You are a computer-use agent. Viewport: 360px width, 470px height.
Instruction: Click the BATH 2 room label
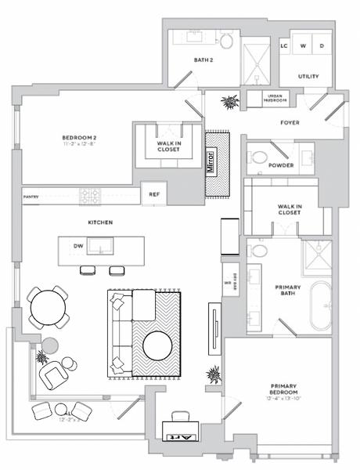[x=203, y=60]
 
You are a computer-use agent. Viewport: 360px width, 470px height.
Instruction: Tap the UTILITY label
[x=310, y=76]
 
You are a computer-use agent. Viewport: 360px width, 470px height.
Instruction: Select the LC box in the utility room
[x=285, y=45]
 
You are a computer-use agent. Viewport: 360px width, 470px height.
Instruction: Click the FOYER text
[x=290, y=122]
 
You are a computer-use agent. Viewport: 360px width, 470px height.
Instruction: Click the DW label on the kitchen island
[x=78, y=246]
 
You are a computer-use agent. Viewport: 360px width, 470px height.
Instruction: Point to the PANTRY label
[x=31, y=197]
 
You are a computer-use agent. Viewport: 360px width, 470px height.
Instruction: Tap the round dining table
[x=49, y=307]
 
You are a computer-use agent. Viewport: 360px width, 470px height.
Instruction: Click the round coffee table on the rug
[x=157, y=345]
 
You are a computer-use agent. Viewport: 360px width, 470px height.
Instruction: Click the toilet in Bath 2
[x=226, y=41]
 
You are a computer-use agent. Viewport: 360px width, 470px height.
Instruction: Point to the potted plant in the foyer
[x=230, y=103]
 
